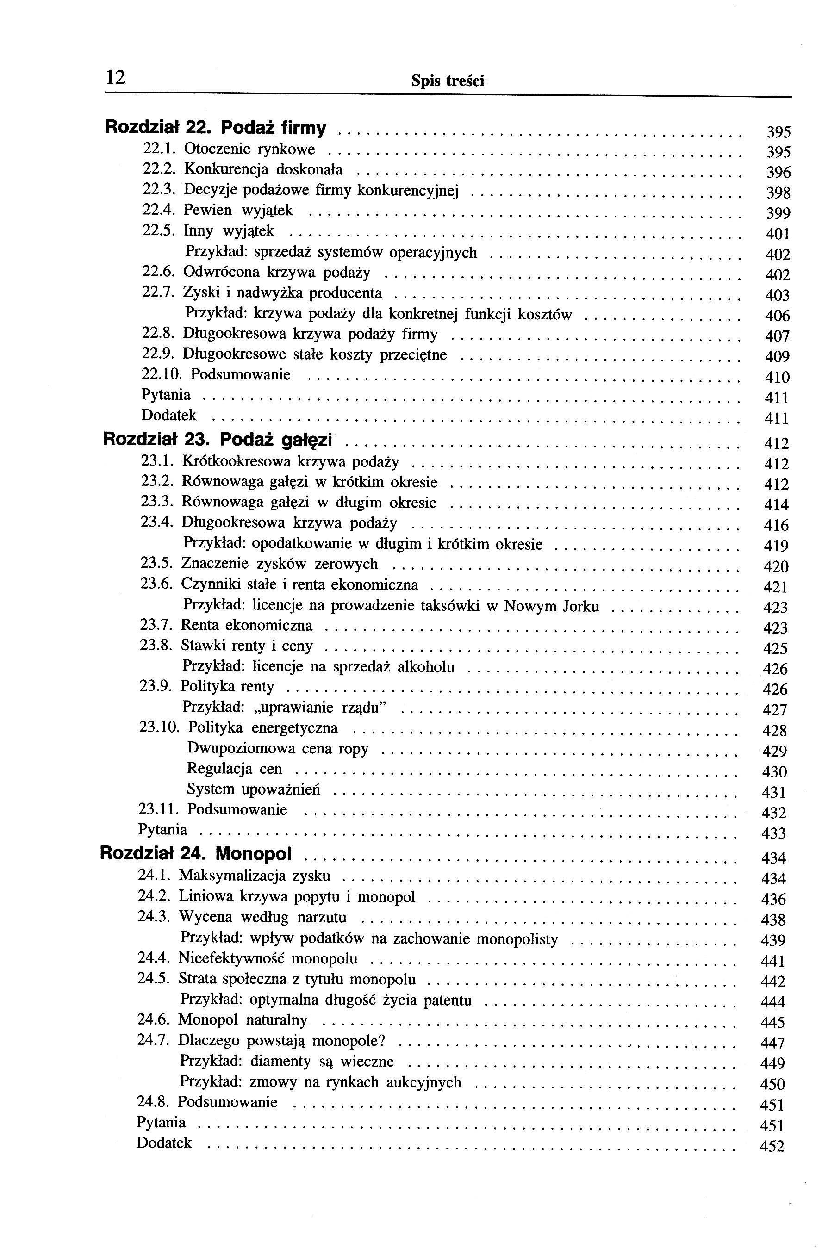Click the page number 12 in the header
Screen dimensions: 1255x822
[x=115, y=78]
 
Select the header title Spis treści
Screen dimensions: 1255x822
[x=447, y=81]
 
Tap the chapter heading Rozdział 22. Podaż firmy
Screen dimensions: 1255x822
[x=216, y=128]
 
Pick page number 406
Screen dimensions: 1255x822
[x=777, y=316]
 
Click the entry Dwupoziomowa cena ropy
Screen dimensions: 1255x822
[x=277, y=749]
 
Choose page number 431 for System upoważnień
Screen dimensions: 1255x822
[x=773, y=793]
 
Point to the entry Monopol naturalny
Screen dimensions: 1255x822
[x=243, y=1020]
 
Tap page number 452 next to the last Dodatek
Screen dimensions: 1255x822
[x=772, y=1146]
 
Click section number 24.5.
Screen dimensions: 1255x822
[x=153, y=979]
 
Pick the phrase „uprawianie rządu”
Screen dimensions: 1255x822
[x=319, y=707]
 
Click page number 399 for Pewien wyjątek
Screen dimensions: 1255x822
[x=778, y=213]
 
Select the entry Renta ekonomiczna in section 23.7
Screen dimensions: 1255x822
[x=246, y=625]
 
